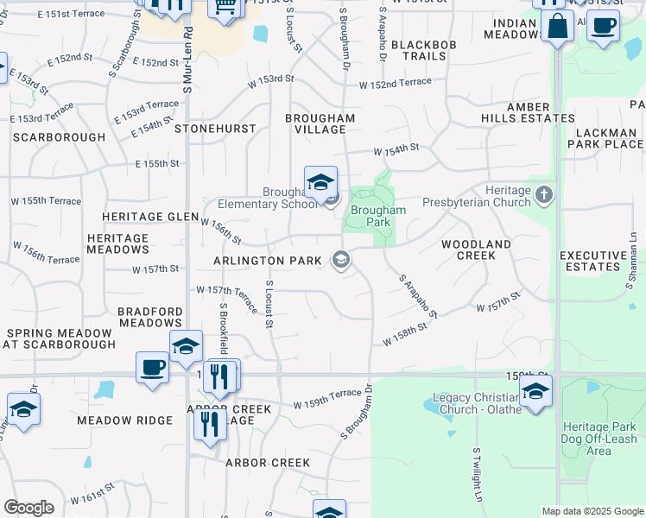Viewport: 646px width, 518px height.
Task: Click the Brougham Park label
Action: tap(378, 216)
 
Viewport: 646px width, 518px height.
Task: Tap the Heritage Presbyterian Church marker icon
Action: tap(544, 193)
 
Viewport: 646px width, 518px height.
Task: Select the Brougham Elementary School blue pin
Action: tap(320, 182)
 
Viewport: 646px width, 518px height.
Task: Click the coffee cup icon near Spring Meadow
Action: tap(153, 367)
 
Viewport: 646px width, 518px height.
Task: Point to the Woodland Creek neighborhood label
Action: tap(476, 250)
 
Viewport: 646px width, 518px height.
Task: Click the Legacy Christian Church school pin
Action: tap(535, 392)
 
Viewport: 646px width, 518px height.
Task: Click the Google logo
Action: tap(28, 508)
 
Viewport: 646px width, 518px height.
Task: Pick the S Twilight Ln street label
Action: tap(476, 475)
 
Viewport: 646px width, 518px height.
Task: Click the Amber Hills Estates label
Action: tap(541, 112)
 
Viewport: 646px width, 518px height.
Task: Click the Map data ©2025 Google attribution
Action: tap(592, 511)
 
